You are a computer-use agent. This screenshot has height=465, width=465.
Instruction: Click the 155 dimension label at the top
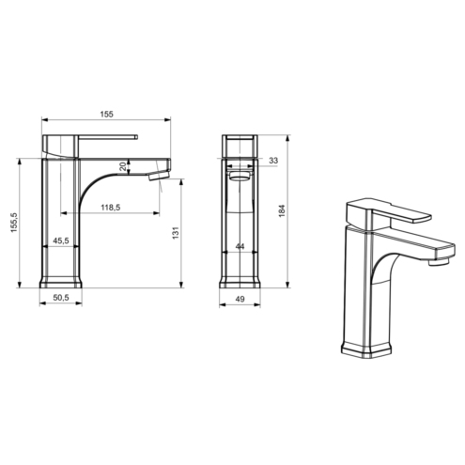(106, 115)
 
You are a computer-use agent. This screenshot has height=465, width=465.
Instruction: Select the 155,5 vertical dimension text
(14, 223)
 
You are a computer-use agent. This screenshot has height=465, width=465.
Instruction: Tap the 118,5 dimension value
(111, 208)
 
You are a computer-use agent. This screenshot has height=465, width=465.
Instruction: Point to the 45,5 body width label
(61, 240)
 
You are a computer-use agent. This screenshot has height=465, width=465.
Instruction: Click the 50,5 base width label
(61, 298)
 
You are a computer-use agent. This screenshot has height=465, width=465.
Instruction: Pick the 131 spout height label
(176, 233)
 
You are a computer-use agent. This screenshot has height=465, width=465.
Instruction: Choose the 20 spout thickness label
(123, 166)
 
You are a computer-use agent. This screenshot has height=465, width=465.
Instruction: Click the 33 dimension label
(273, 161)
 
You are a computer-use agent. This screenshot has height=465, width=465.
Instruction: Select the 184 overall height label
(282, 210)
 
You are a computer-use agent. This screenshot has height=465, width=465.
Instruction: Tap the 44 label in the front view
(240, 246)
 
